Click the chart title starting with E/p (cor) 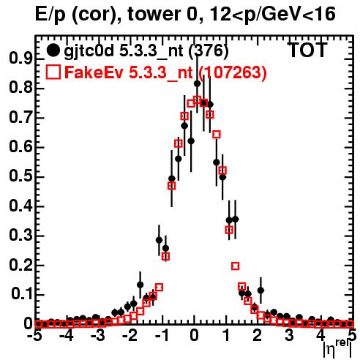185,15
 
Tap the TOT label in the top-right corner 308,50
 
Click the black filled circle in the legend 53,50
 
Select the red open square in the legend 53,72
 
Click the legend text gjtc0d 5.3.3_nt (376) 146,51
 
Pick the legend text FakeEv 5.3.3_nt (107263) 165,72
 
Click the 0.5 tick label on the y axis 21,176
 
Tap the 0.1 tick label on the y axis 22,294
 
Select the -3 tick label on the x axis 97,336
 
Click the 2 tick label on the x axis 258,336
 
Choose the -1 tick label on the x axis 161,336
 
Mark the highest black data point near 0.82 197,83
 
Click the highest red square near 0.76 197,100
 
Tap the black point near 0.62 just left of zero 191,141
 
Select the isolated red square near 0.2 235,266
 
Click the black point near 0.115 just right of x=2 260,290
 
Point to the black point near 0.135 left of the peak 140,285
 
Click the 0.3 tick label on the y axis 21,236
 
